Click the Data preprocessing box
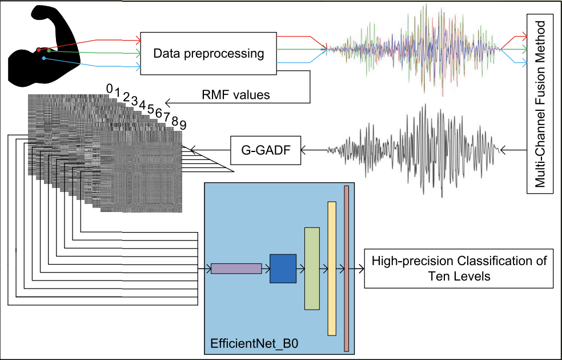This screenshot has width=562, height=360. pos(208,54)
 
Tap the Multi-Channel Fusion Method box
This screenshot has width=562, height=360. pos(543,103)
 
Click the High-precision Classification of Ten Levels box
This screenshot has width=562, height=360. pos(459,269)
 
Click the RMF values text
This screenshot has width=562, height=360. pos(236,94)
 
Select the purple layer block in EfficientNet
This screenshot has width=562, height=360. pos(236,268)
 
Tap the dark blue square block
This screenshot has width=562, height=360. pos(283,268)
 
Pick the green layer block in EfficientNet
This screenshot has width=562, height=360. pos(311,268)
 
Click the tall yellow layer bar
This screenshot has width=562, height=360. pos(331,268)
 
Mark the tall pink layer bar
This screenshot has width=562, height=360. pos(346,268)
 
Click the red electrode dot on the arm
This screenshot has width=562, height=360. pos(38,50)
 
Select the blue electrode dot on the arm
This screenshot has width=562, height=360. pos(44,58)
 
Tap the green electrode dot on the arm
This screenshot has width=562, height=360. pos(49,51)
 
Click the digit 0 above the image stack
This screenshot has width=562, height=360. pos(109,87)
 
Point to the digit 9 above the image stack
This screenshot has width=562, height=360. pos(183,125)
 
